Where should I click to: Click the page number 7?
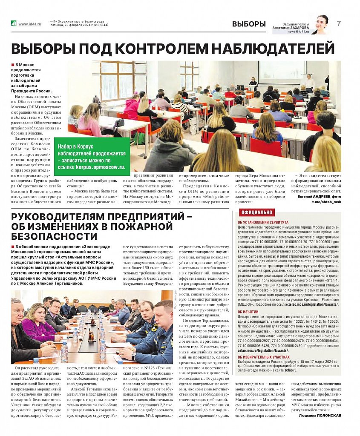[339, 24]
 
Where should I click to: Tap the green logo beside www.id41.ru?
[14, 24]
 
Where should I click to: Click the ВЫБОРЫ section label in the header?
[249, 24]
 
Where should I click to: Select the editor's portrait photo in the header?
[321, 25]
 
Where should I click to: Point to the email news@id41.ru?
[297, 32]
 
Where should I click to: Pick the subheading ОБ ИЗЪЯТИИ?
[248, 312]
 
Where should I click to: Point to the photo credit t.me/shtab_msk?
[327, 202]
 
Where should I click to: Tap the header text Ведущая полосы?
[285, 24]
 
